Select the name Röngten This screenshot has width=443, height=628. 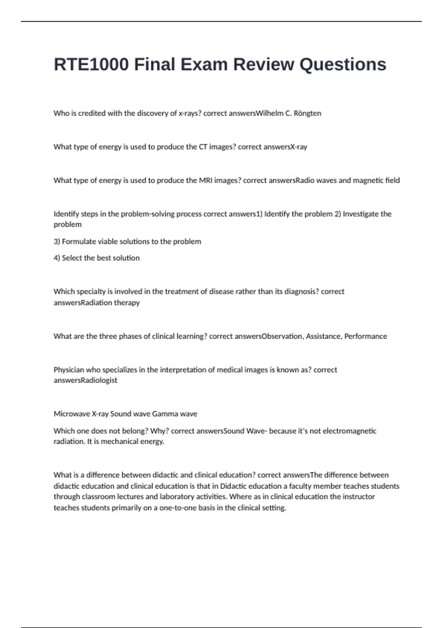tap(307, 113)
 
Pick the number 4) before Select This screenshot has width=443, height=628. tap(57, 258)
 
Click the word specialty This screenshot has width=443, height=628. tap(91, 292)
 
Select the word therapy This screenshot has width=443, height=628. tap(127, 303)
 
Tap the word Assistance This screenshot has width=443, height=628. tap(323, 337)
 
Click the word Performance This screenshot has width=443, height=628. tap(365, 337)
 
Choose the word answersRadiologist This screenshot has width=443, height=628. tap(85, 380)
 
